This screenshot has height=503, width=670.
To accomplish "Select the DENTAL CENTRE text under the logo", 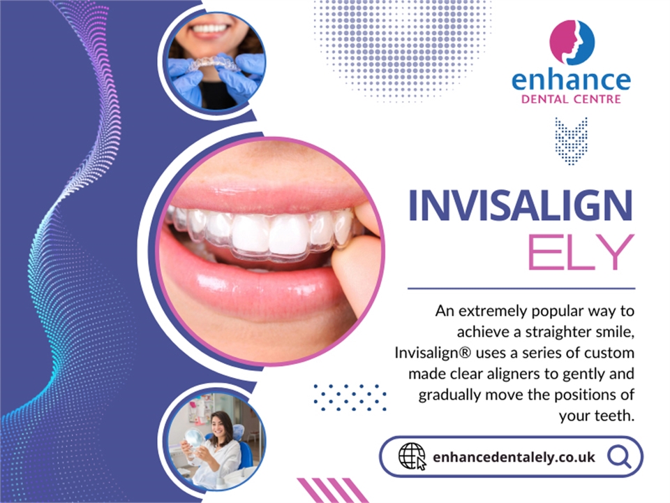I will pos(571,100).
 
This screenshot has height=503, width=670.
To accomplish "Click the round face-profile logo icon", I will pos(572,43).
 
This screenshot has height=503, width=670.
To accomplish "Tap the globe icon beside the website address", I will pos(411,457).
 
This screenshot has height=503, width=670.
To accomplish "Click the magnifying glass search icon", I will pos(618,457).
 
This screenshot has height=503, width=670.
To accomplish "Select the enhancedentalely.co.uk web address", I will pos(514,458).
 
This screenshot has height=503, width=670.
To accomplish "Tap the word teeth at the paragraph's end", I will pos(614,415).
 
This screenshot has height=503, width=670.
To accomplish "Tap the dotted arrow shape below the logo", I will pos(571,140).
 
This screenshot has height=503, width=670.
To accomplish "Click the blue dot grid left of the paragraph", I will pos(349,397).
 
